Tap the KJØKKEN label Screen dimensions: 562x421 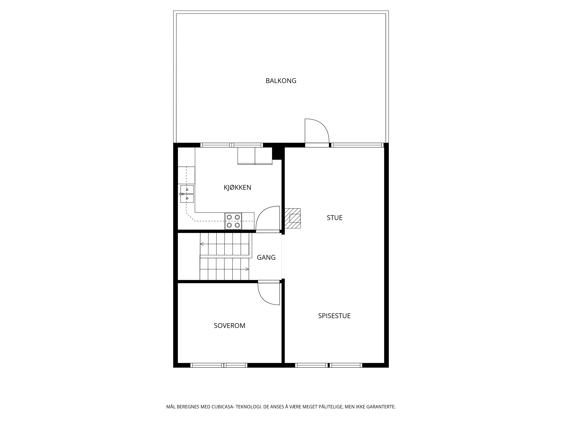pyautogui.click(x=237, y=187)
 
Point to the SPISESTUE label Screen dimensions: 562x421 pyautogui.click(x=334, y=316)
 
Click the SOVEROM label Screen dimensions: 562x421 pyautogui.click(x=229, y=326)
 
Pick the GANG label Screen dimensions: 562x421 pyautogui.click(x=266, y=257)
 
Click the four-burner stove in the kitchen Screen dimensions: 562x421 pyautogui.click(x=233, y=221)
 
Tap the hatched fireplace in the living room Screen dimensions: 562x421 pyautogui.click(x=292, y=218)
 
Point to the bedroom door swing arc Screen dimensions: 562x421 pyautogui.click(x=264, y=299)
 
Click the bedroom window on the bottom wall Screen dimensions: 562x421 pyautogui.click(x=219, y=365)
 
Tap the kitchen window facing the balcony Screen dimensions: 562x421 pyautogui.click(x=232, y=145)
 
